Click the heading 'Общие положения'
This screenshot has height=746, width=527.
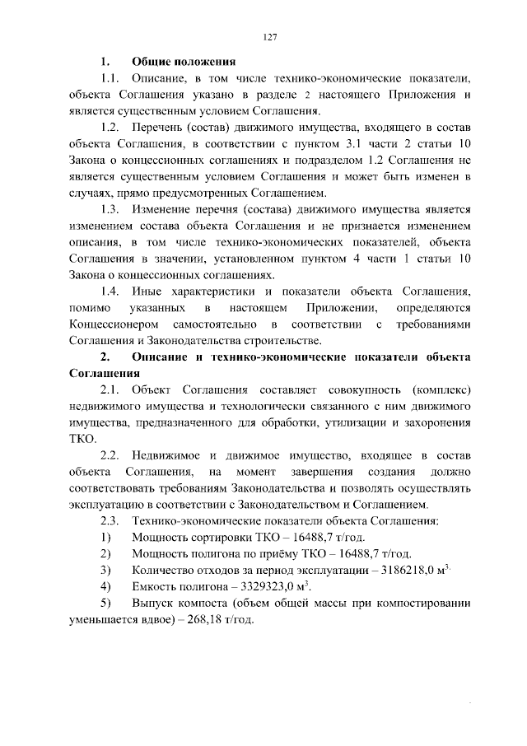(184, 61)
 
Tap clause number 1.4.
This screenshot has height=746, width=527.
(110, 291)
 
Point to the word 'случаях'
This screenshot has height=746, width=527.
(91, 192)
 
